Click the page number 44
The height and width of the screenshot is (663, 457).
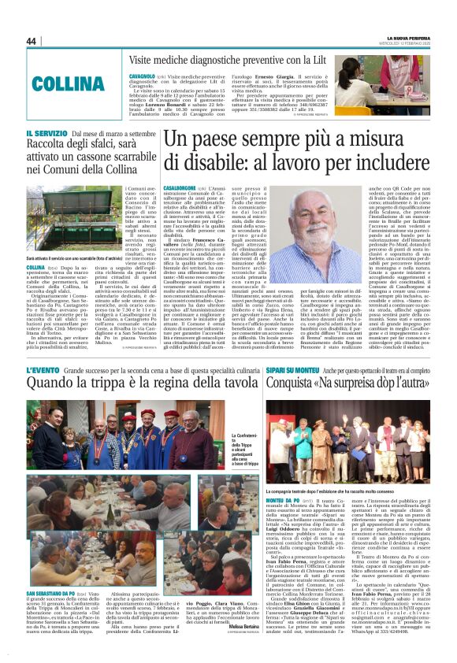tap(32, 41)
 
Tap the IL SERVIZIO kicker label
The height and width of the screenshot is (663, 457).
tap(47, 135)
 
